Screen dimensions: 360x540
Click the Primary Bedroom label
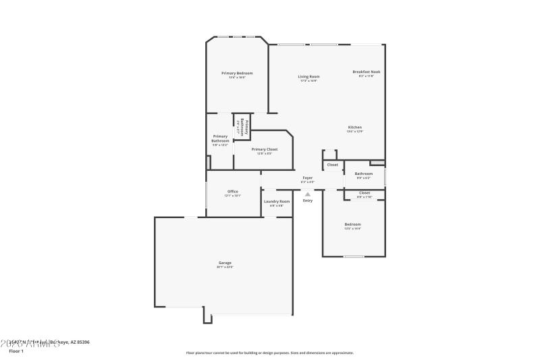click(237, 73)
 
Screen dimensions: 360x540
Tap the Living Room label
click(309, 76)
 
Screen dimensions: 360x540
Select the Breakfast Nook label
click(366, 72)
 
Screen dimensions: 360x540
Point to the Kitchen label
click(355, 127)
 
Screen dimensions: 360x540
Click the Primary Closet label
click(264, 149)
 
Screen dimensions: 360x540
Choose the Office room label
click(233, 191)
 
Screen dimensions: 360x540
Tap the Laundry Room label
click(277, 201)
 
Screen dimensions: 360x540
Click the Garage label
click(225, 263)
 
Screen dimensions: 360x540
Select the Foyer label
click(307, 178)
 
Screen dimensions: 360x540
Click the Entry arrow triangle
click(308, 194)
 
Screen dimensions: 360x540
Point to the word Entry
click(308, 201)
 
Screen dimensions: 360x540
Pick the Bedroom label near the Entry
click(353, 224)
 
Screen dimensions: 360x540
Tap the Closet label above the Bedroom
click(364, 192)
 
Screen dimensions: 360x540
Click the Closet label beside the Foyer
click(333, 165)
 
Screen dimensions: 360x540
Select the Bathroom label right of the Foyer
click(364, 174)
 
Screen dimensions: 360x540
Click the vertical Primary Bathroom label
click(244, 128)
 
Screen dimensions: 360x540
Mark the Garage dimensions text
click(225, 267)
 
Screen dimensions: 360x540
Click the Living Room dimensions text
click(309, 81)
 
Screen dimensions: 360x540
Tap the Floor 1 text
click(16, 351)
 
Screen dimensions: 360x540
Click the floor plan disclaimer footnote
click(269, 353)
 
